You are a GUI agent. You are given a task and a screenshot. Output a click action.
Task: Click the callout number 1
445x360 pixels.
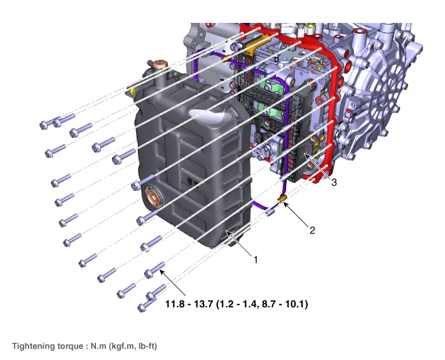256,260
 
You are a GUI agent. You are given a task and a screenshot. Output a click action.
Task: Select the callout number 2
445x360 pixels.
312,230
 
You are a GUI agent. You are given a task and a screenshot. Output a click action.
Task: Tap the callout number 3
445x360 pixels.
334,183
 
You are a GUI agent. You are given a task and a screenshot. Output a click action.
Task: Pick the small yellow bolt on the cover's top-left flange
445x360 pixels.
132,92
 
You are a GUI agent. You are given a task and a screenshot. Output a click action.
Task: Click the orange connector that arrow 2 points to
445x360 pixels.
282,198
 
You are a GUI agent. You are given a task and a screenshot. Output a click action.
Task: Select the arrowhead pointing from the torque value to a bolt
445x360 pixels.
162,273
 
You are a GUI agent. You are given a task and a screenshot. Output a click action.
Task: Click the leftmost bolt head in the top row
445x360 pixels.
43,125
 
